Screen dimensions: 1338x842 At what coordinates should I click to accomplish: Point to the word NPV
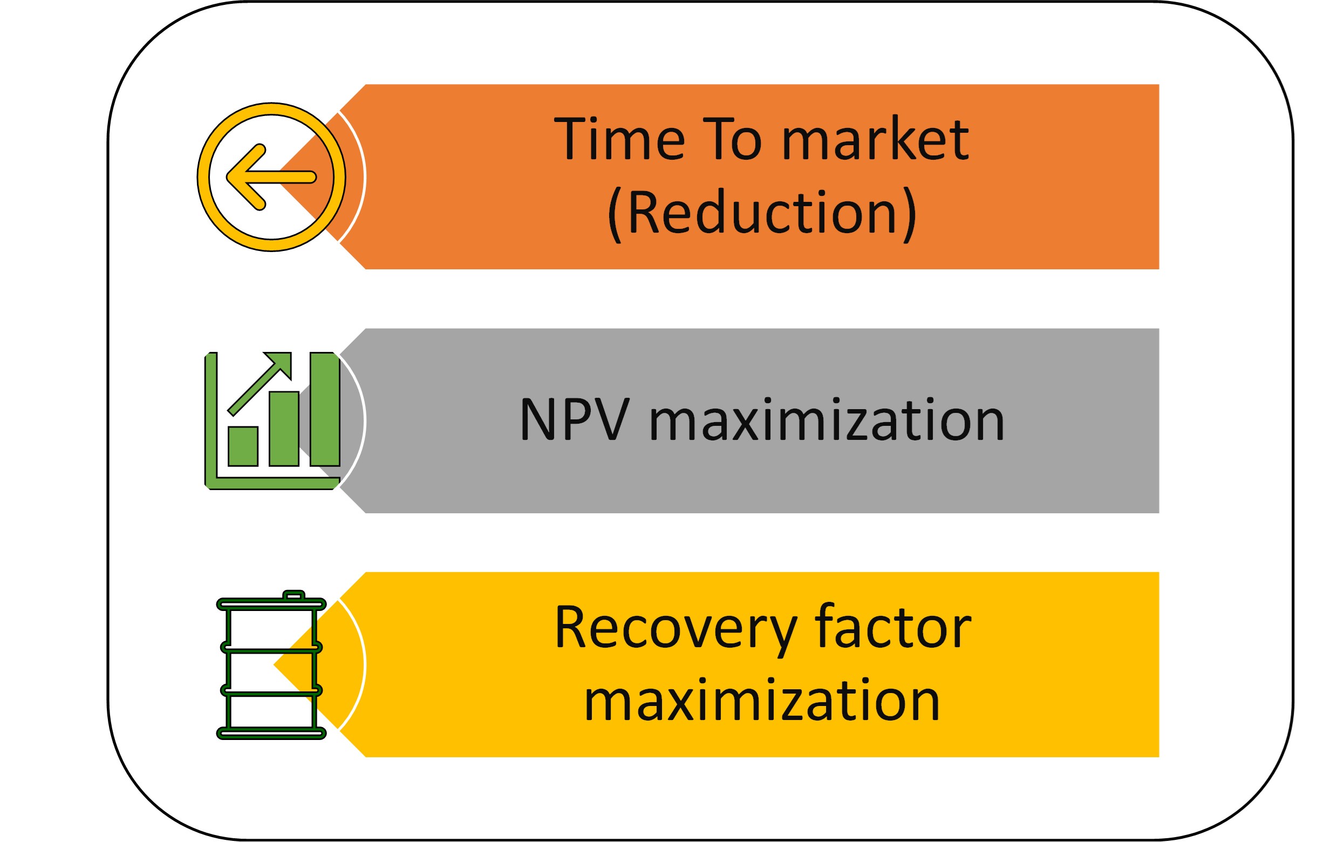pyautogui.click(x=575, y=420)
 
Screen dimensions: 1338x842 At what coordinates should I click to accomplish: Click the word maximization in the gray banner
pyautogui.click(x=827, y=419)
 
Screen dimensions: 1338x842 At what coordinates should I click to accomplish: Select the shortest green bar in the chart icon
pyautogui.click(x=243, y=446)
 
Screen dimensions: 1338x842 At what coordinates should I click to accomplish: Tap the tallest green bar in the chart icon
pyautogui.click(x=325, y=409)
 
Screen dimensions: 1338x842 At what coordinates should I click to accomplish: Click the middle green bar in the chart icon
pyautogui.click(x=284, y=429)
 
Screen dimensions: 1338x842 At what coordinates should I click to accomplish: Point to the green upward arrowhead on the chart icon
pyautogui.click(x=279, y=364)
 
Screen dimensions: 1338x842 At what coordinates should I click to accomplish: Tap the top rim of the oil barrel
pyautogui.click(x=271, y=605)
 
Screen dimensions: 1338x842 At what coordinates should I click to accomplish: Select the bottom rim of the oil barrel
pyautogui.click(x=271, y=734)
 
